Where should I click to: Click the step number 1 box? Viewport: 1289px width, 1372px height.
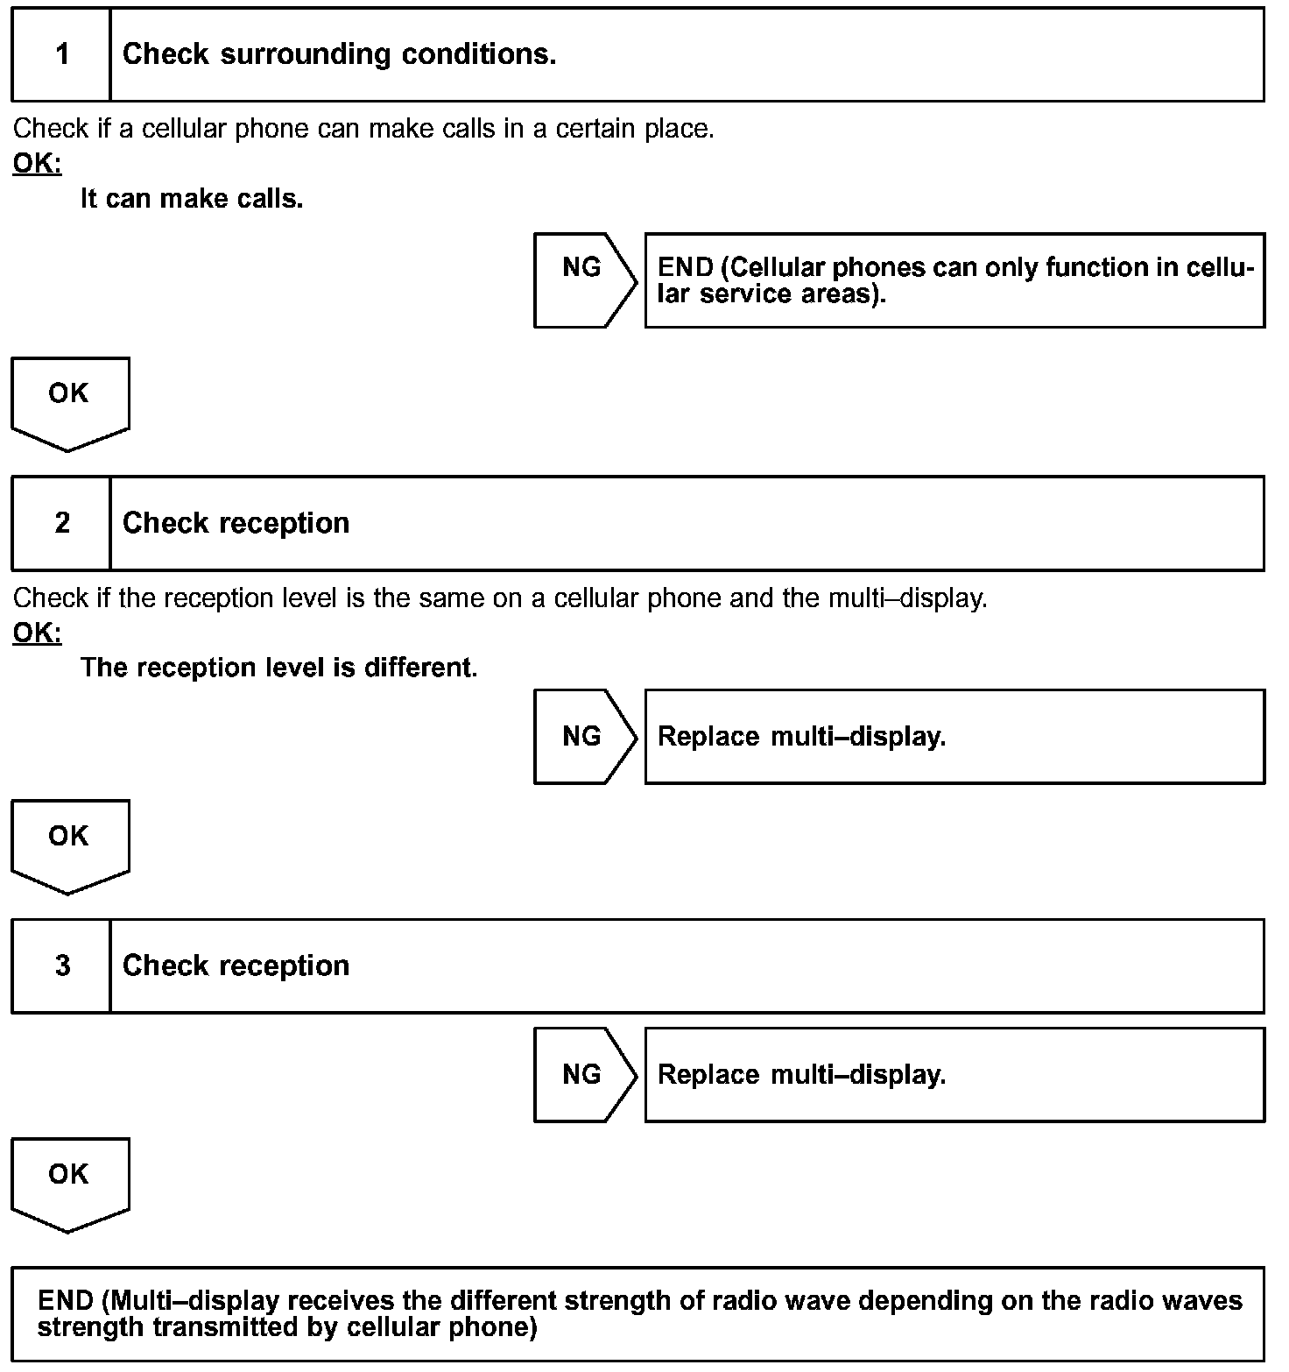[61, 55]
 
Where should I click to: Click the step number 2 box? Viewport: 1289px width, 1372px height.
[61, 524]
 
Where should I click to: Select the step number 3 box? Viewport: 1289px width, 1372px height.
[61, 966]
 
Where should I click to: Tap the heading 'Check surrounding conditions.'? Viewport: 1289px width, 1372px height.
[339, 55]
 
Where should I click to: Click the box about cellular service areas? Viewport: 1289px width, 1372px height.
[954, 280]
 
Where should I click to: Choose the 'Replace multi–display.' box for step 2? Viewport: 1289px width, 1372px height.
[954, 737]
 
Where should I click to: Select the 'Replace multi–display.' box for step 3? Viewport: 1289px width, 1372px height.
[954, 1075]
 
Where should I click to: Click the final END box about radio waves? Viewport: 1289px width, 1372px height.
[638, 1313]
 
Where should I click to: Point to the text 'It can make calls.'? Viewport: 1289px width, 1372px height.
[192, 199]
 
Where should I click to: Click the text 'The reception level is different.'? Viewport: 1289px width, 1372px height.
[278, 668]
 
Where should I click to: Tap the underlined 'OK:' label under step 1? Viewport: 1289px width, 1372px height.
[37, 164]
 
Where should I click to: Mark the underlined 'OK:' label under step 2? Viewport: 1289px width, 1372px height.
[37, 633]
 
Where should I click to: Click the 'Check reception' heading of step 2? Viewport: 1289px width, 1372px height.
[236, 524]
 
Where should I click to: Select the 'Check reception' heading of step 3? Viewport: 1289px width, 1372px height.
[236, 966]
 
